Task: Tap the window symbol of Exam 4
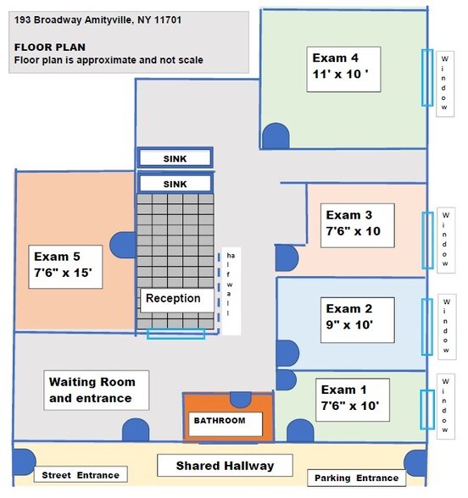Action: pos(426,77)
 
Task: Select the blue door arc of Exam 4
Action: pos(276,135)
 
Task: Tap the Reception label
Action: pos(173,298)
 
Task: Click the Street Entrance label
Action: pos(81,475)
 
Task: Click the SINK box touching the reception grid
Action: pos(175,183)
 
